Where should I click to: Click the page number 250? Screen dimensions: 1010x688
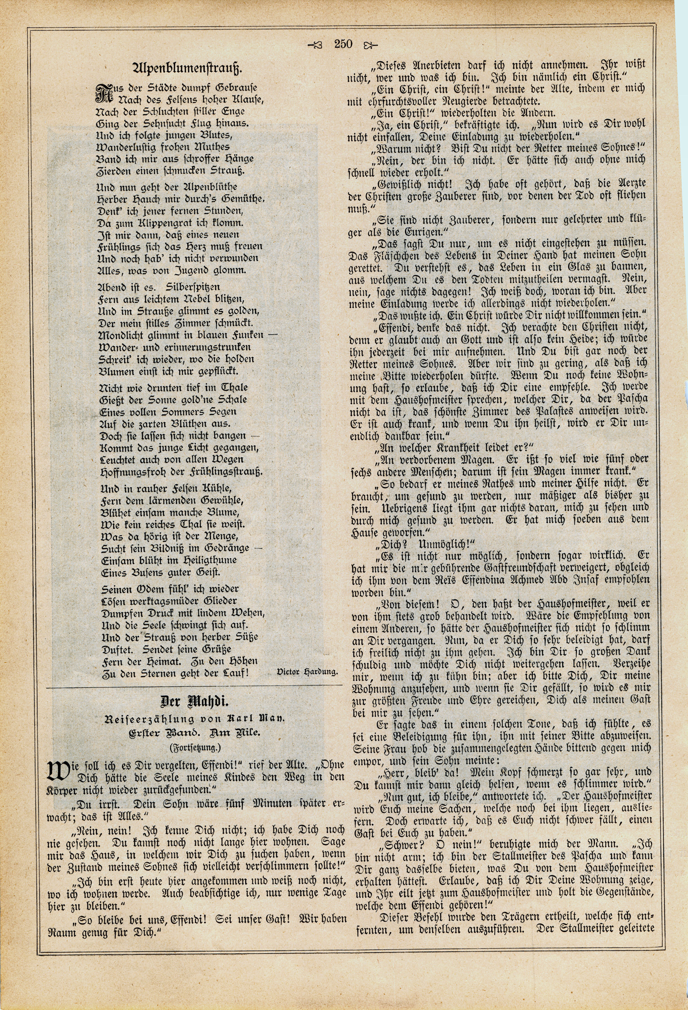(x=343, y=44)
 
